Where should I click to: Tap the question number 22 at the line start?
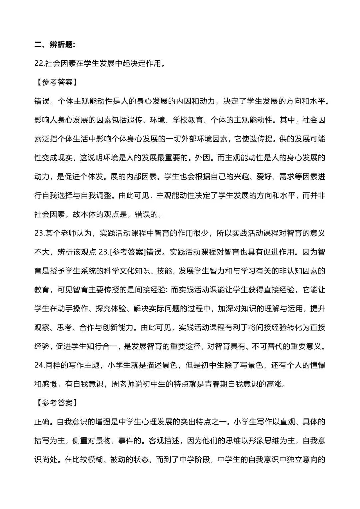(38, 63)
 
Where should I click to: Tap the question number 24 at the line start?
(38, 365)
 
